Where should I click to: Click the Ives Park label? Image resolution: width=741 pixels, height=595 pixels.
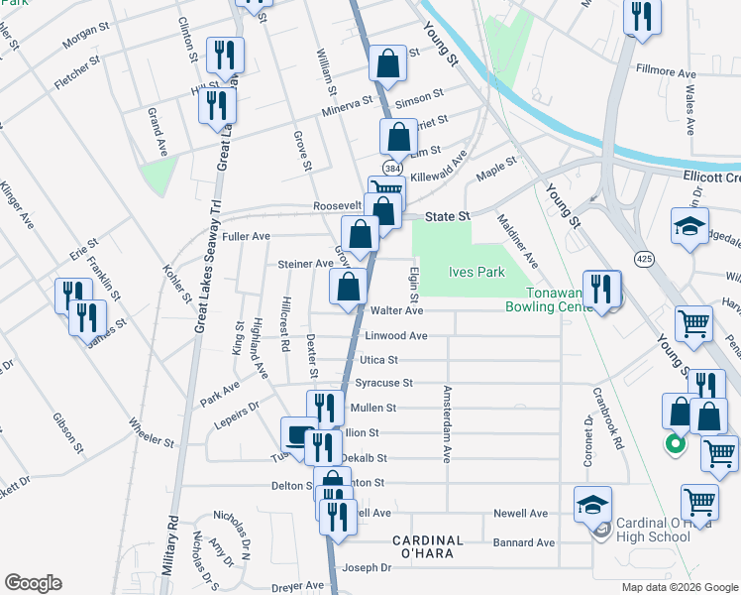(x=477, y=272)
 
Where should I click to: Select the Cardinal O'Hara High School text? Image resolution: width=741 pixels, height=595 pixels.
(x=653, y=530)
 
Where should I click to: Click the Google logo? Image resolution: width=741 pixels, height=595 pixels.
(x=33, y=583)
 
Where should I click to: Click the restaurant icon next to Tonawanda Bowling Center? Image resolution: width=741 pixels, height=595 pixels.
(x=601, y=289)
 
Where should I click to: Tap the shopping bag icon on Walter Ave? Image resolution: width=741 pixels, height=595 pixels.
(x=348, y=289)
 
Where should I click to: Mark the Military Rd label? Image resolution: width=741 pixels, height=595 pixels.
(x=172, y=546)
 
